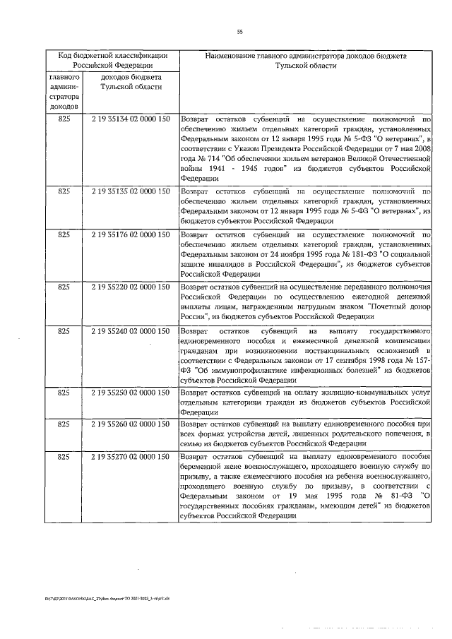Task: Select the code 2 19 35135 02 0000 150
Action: point(131,191)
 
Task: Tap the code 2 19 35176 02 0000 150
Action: point(131,234)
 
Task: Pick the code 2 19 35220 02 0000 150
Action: point(131,287)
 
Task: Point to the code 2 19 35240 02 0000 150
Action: point(131,330)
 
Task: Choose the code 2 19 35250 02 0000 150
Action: point(131,390)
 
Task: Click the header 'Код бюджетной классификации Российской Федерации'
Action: point(112,59)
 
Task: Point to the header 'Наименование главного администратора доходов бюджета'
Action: point(306,59)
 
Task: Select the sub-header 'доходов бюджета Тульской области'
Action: point(131,81)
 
